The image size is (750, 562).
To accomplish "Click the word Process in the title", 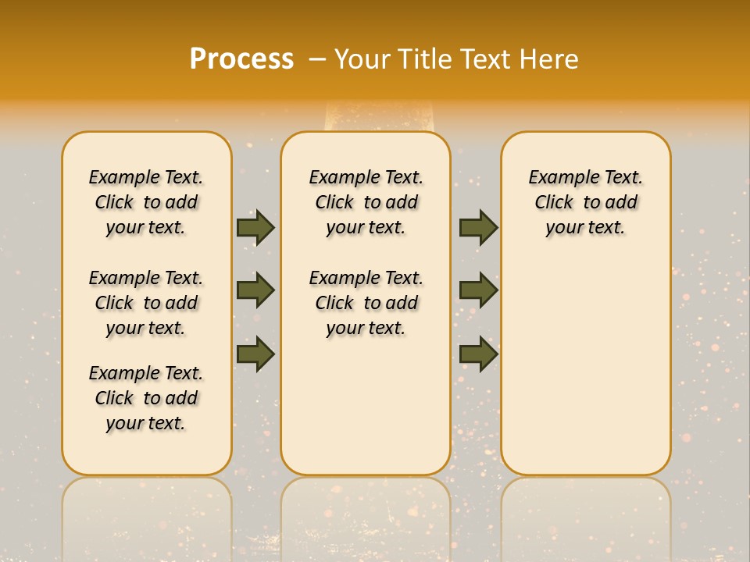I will (x=241, y=59).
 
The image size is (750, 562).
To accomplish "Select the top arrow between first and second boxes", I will (x=255, y=227).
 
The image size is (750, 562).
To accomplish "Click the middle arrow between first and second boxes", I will (x=255, y=290).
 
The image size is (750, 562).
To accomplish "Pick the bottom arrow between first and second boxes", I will (x=255, y=354).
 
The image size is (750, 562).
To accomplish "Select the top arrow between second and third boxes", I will (x=478, y=227).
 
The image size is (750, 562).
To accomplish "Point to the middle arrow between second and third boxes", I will (x=478, y=290).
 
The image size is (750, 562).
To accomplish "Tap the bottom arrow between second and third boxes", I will (x=478, y=354).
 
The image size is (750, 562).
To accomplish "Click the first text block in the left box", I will (x=146, y=202).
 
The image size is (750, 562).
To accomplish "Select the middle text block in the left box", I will (x=146, y=303).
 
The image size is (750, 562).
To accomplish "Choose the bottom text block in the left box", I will (x=146, y=398).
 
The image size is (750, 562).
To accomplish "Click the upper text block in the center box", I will (x=366, y=202).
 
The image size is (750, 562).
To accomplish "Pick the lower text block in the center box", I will (x=366, y=303).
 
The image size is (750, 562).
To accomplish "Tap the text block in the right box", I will (x=586, y=202).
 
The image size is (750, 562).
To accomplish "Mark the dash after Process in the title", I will (x=316, y=59).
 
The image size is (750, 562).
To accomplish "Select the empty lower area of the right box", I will (x=586, y=359).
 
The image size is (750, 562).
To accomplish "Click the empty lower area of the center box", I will (x=366, y=406).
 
